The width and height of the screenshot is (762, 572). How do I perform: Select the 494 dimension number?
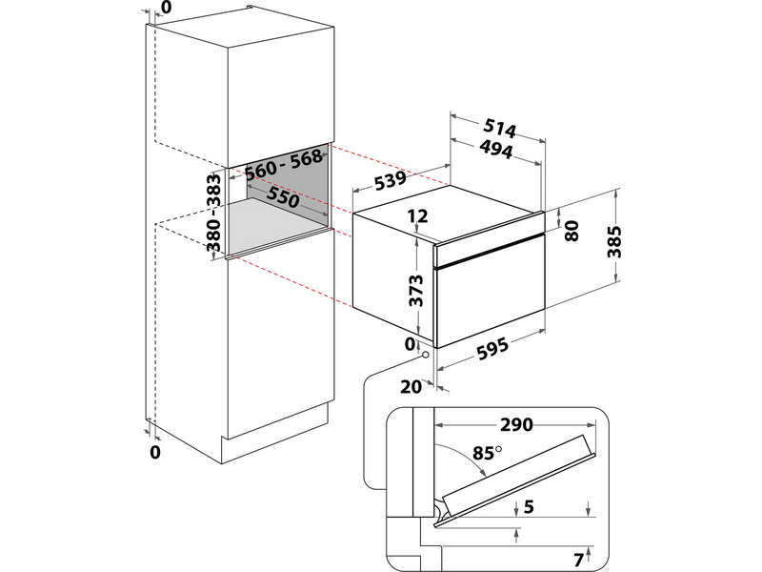point(495,150)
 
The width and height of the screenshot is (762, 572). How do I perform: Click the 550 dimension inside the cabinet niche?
point(284,197)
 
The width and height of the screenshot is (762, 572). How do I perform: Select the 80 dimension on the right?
point(571,232)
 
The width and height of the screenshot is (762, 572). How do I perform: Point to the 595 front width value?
point(491,349)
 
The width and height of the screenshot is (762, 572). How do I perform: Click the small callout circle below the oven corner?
point(425,356)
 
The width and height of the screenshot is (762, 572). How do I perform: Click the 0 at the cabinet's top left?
point(168,8)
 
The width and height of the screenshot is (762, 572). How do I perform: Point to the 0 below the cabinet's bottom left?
point(155,452)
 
